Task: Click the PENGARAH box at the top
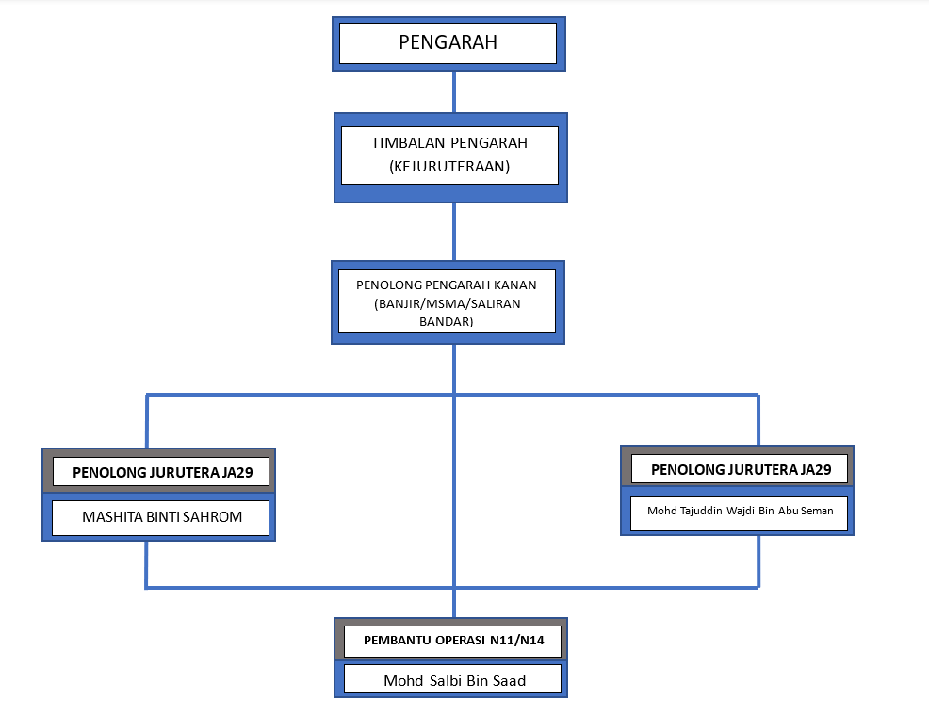click(x=448, y=43)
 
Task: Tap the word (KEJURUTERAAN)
click(x=449, y=167)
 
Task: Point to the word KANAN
click(x=518, y=285)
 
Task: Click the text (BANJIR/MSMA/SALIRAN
click(x=448, y=303)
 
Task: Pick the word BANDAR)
click(x=447, y=321)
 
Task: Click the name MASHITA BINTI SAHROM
click(x=162, y=517)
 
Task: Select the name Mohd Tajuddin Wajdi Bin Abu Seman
click(x=740, y=511)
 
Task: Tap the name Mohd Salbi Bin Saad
click(x=454, y=680)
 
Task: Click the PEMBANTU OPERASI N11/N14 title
click(x=453, y=641)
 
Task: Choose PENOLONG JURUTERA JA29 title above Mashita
click(x=162, y=473)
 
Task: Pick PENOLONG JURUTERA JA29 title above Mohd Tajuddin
click(x=741, y=469)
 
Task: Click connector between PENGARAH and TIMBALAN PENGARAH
click(x=454, y=91)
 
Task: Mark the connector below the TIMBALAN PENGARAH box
click(x=454, y=232)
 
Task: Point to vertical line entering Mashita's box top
click(x=147, y=421)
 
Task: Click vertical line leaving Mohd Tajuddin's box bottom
click(x=758, y=561)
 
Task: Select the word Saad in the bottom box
click(x=510, y=680)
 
